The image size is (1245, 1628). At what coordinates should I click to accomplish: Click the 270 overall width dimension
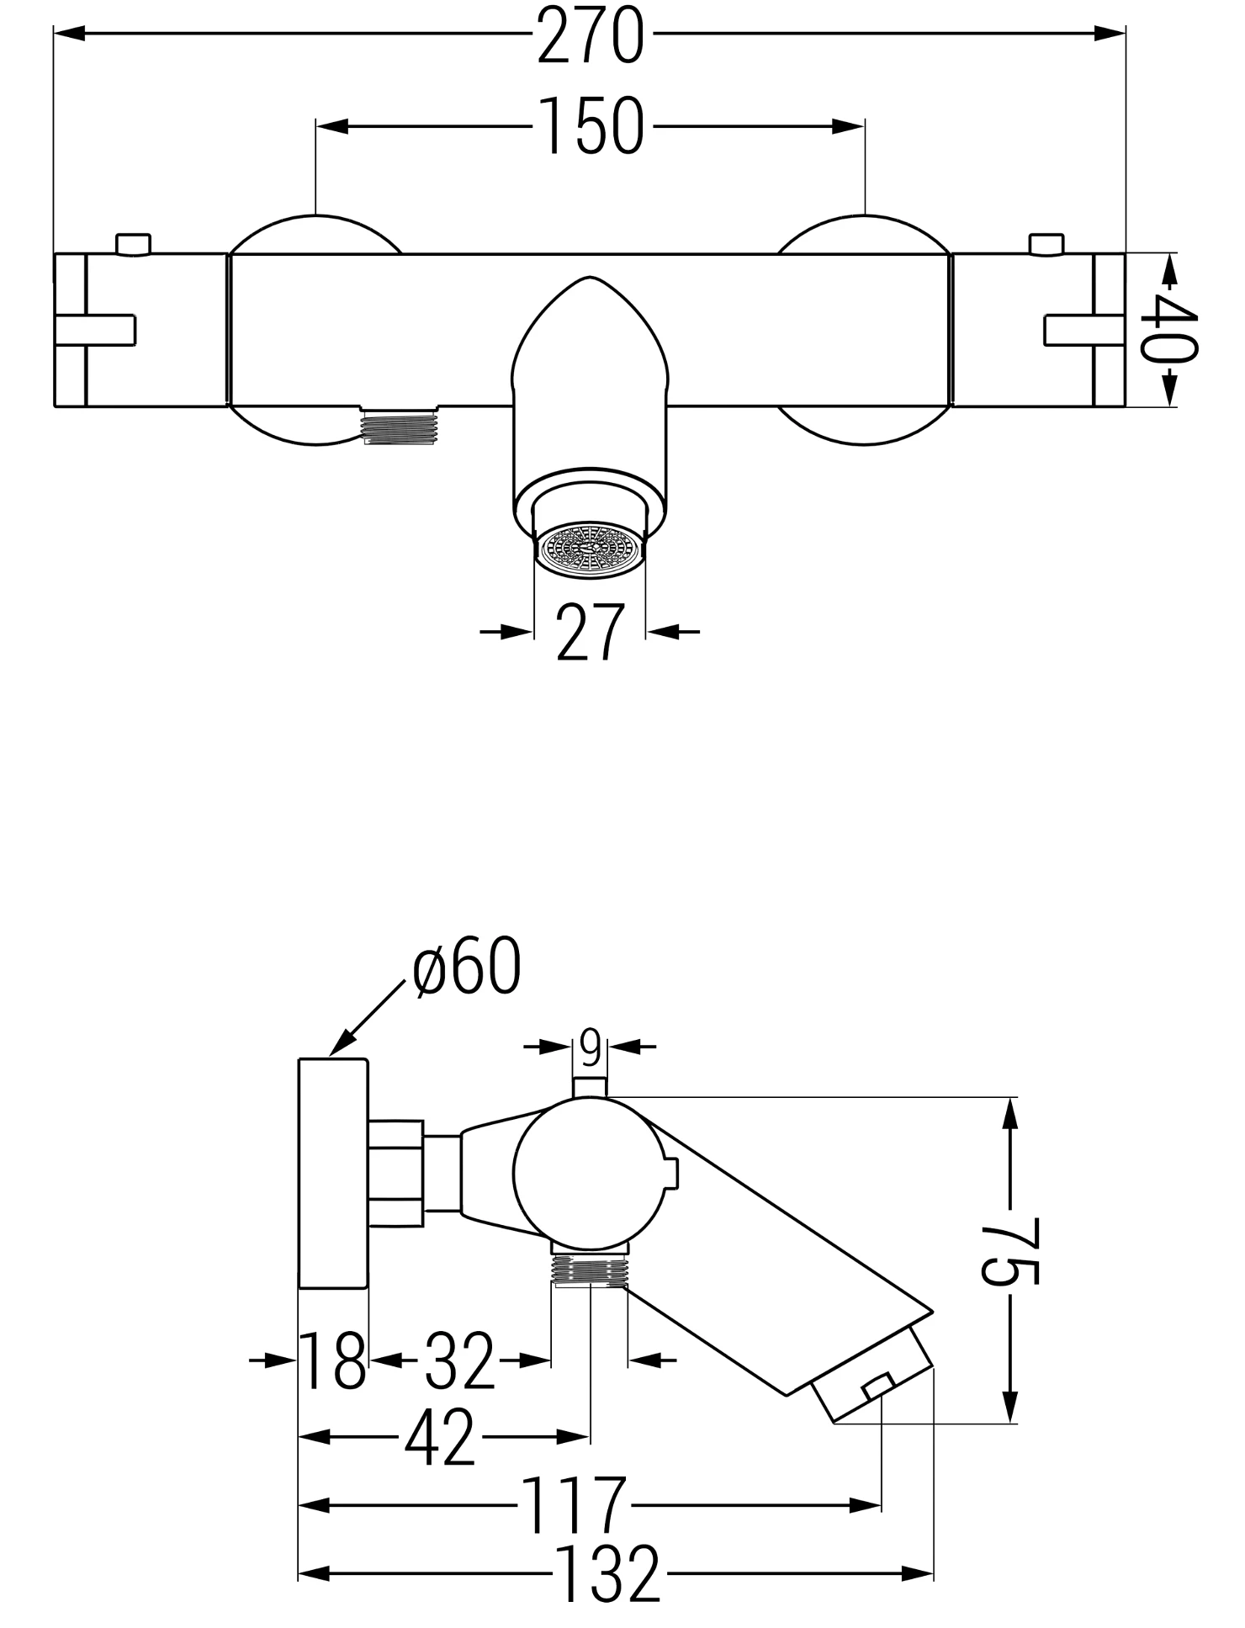[590, 35]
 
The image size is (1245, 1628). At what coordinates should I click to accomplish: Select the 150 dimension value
[591, 126]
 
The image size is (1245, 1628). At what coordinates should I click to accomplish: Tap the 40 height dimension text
[1170, 329]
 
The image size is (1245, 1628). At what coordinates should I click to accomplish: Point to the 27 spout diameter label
[590, 631]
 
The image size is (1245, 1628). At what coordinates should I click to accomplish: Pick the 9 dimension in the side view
[591, 1048]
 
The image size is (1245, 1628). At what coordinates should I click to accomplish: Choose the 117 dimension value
[575, 1505]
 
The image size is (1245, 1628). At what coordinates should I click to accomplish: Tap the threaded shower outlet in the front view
[398, 425]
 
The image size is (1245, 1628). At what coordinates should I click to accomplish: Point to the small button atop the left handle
[133, 244]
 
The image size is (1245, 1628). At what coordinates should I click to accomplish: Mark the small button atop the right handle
[1046, 244]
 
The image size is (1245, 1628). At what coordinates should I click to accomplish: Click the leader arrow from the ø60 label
[367, 1017]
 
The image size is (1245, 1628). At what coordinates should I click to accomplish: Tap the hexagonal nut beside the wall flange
[396, 1174]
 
